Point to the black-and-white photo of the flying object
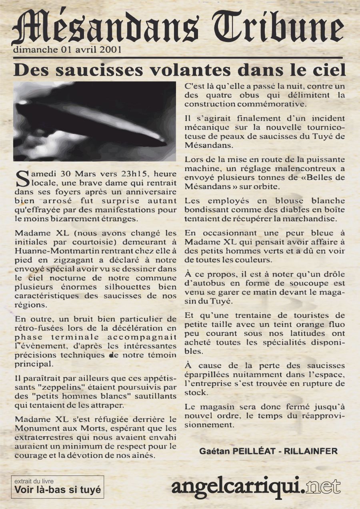pyautogui.click(x=95, y=121)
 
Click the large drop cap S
pyautogui.click(x=21, y=179)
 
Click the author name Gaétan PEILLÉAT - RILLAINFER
pyautogui.click(x=268, y=451)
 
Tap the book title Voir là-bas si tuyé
pyautogui.click(x=58, y=489)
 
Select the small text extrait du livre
pyautogui.click(x=34, y=481)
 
